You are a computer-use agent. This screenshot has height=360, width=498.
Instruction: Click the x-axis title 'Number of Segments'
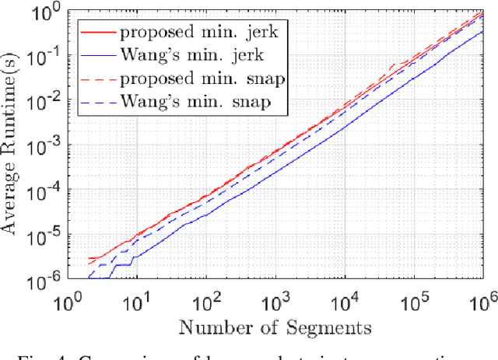pos(275,327)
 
